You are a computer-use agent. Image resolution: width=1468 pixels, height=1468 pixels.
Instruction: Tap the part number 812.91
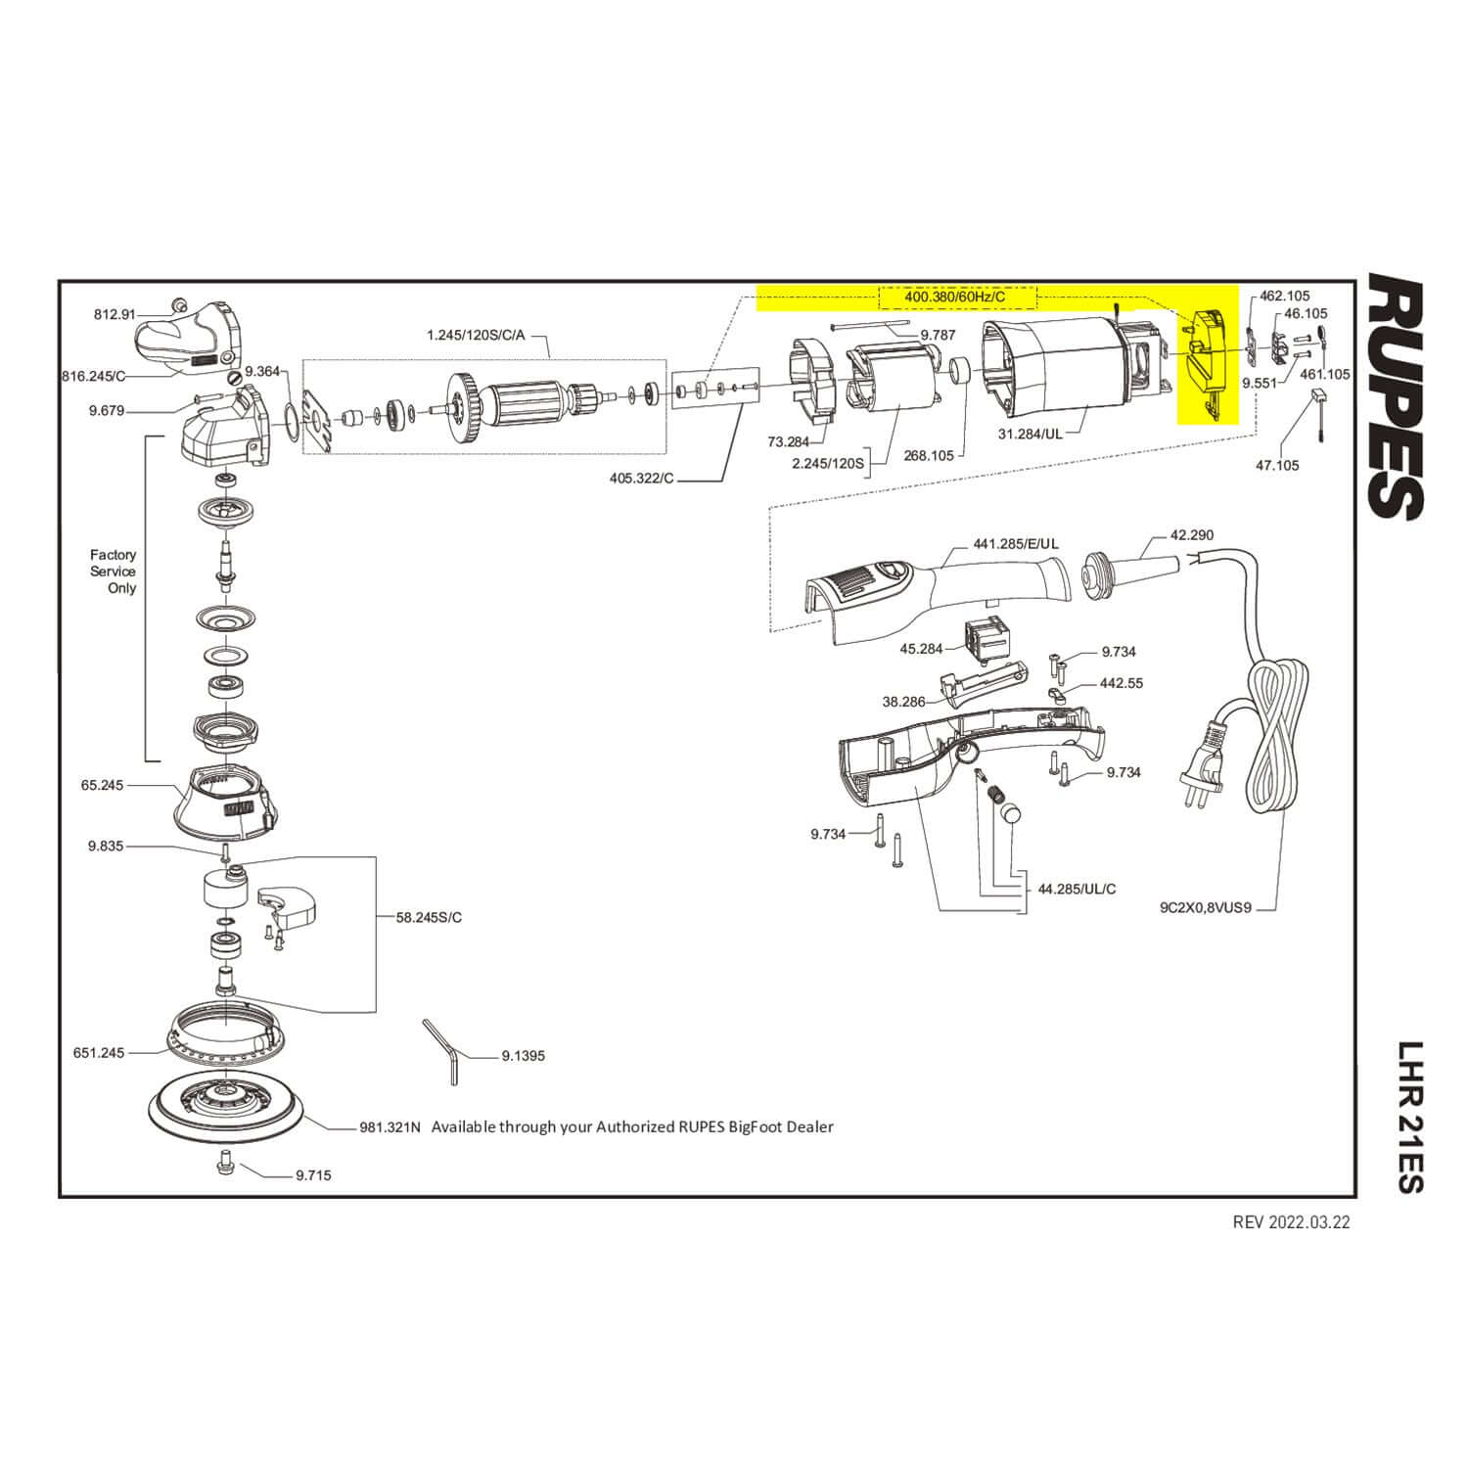(x=115, y=314)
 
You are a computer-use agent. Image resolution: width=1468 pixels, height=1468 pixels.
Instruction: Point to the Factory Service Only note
(x=114, y=572)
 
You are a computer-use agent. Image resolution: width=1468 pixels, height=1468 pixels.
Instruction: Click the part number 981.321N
(x=390, y=1126)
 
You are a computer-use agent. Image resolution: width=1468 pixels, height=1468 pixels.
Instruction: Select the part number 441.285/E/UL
(x=1016, y=543)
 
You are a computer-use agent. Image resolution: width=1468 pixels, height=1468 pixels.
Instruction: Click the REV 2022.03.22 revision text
(x=1291, y=1222)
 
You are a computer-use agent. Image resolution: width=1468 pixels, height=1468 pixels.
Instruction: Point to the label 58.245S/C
(x=429, y=917)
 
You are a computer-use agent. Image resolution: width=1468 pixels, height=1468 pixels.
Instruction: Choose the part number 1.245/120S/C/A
(x=476, y=336)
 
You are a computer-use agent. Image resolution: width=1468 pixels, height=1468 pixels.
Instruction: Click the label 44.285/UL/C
(x=1077, y=889)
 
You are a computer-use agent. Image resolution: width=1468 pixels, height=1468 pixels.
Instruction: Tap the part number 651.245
(x=99, y=1053)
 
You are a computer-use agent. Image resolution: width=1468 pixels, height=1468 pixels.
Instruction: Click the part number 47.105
(x=1277, y=465)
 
